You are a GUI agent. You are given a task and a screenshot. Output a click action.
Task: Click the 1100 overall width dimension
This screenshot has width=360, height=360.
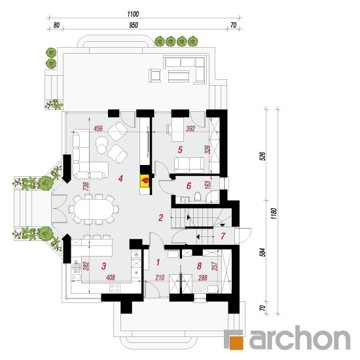pyautogui.click(x=133, y=14)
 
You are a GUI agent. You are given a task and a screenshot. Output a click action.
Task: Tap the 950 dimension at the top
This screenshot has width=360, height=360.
pyautogui.click(x=134, y=25)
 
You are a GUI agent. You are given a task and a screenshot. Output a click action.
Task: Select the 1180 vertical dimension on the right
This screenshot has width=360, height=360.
pyautogui.click(x=274, y=213)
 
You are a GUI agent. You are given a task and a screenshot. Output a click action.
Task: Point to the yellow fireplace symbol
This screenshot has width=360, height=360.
pyautogui.click(x=145, y=181)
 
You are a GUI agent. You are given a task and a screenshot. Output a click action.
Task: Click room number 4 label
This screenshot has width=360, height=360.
pyautogui.click(x=120, y=179)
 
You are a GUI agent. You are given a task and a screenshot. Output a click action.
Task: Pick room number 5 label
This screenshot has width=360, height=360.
pyautogui.click(x=180, y=150)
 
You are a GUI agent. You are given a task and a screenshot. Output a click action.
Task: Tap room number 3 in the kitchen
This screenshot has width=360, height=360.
pyautogui.click(x=104, y=266)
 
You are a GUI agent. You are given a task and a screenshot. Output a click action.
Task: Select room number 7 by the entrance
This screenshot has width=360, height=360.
pyautogui.click(x=223, y=236)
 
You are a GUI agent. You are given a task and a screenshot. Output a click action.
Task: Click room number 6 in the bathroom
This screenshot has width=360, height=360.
pyautogui.click(x=189, y=185)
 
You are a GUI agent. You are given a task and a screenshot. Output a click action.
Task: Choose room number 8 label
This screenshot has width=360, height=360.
pyautogui.click(x=199, y=266)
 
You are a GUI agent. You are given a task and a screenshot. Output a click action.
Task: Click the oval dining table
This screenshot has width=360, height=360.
pyautogui.click(x=94, y=209)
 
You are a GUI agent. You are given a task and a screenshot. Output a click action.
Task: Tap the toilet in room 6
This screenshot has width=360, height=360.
pyautogui.click(x=198, y=197)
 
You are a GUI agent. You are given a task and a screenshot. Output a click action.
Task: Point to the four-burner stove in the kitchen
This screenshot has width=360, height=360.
pyautogui.click(x=115, y=289)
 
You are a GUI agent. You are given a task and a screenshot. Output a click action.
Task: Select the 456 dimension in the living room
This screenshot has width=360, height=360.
pyautogui.click(x=98, y=128)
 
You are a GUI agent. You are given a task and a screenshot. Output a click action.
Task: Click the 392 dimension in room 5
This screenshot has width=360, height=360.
pyautogui.click(x=190, y=128)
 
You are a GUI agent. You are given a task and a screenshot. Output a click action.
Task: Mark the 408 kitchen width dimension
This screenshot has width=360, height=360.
pyautogui.click(x=111, y=278)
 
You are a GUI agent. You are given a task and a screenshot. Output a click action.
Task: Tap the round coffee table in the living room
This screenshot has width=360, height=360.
pyautogui.click(x=102, y=145)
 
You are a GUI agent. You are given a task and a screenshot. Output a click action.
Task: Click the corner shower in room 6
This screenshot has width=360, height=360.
pyautogui.click(x=212, y=197)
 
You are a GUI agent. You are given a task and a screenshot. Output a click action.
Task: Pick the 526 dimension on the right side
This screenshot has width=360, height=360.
pyautogui.click(x=263, y=156)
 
